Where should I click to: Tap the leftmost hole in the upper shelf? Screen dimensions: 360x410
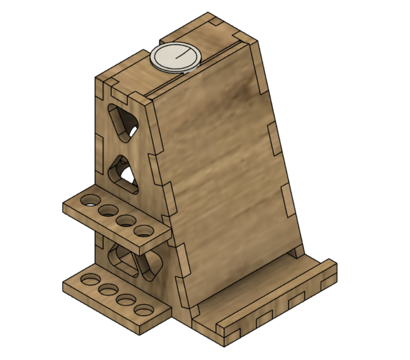pos(90,200)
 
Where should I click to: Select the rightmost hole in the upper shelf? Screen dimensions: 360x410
pos(144,231)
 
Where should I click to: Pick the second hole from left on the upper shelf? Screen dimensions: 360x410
pos(108,210)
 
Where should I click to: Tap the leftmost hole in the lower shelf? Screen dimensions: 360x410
pos(90,280)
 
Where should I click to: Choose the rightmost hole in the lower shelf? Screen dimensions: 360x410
pos(144,309)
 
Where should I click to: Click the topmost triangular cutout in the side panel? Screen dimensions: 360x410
pos(124,122)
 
